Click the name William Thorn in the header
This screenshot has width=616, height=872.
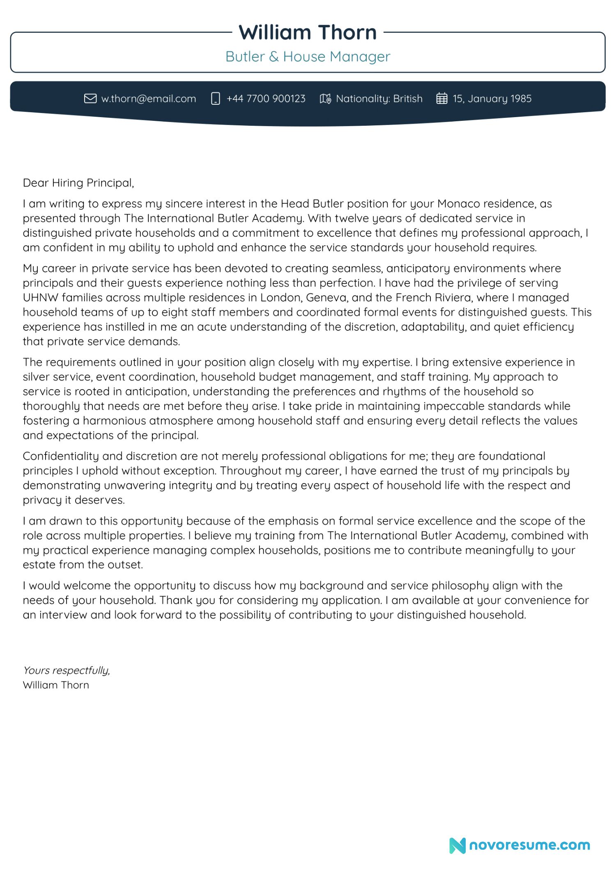point(308,32)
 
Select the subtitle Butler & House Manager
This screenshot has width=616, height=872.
point(308,56)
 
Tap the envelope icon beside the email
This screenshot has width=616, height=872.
point(90,99)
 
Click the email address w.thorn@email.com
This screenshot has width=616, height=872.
point(149,99)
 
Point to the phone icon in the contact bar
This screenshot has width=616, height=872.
point(215,99)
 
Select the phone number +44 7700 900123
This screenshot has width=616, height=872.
point(266,99)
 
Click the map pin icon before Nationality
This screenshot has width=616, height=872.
point(325,99)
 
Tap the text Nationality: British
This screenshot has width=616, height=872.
point(379,99)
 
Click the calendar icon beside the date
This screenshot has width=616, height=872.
point(441,99)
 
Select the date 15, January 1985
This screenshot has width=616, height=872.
point(492,99)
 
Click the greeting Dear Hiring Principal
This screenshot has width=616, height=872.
point(78,183)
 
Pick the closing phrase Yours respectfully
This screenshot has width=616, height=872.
point(67,670)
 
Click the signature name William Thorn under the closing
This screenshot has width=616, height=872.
point(56,685)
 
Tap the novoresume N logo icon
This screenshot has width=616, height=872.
point(457,845)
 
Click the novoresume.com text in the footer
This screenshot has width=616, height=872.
point(529,845)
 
